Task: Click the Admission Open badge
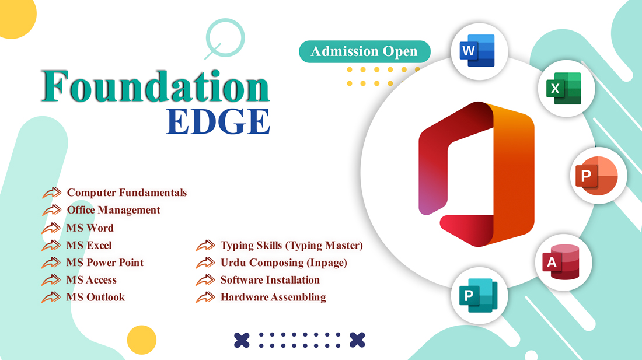[x=364, y=51]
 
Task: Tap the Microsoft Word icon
[x=477, y=51]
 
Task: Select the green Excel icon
[x=564, y=88]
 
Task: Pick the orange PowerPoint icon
[x=596, y=176]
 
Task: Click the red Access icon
[x=561, y=262]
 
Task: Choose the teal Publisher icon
[x=478, y=295]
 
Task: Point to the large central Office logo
[x=476, y=174]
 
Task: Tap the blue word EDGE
[x=218, y=121]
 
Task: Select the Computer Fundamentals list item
[x=127, y=193]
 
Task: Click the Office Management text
[x=113, y=210]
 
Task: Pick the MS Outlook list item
[x=95, y=297]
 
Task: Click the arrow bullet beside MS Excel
[x=51, y=246]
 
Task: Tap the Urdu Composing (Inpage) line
[x=284, y=263]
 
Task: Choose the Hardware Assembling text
[x=273, y=297]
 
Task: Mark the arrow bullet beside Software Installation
[x=205, y=280]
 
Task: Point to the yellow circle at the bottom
[x=142, y=340]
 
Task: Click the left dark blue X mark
[x=242, y=340]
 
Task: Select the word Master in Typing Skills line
[x=341, y=246]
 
